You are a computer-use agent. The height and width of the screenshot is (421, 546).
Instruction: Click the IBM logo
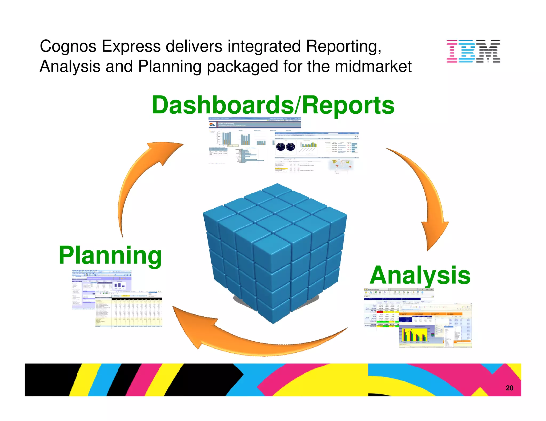point(473,51)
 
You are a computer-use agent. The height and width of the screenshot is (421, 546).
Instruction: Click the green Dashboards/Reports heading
point(273,106)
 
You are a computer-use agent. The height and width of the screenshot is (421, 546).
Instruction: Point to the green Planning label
point(110,255)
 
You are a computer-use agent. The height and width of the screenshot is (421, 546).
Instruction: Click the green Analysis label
point(420,275)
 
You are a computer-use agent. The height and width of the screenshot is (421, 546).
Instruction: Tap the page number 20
point(509,388)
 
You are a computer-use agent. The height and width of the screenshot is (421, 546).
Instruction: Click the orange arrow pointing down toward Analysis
point(427,200)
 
